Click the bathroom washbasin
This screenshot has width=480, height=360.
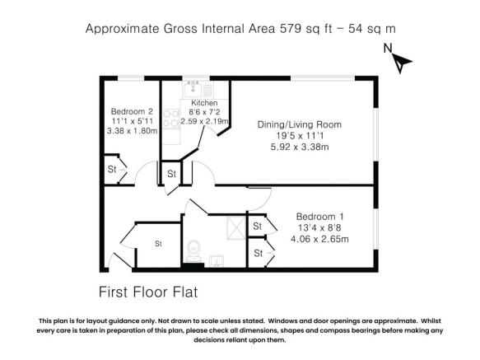218,262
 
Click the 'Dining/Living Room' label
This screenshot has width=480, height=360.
300,124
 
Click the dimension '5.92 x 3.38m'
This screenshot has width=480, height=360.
300,147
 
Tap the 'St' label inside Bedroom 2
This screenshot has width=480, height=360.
111,170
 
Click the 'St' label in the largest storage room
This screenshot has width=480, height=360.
158,244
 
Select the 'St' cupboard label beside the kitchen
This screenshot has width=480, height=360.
171,174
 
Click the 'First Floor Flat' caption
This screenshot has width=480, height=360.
148,292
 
